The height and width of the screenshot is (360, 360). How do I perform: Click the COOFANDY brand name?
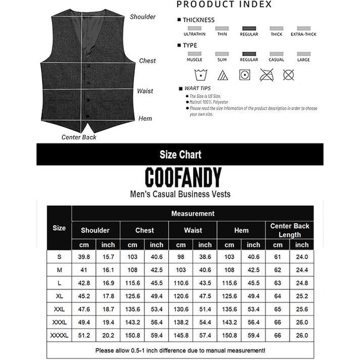[x=183, y=177]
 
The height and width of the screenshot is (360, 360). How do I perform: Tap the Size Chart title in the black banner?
[x=180, y=155]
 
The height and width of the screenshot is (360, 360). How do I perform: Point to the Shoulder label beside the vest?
[x=142, y=17]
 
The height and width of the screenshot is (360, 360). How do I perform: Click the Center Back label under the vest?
[x=79, y=137]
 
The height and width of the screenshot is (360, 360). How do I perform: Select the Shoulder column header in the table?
[x=95, y=230]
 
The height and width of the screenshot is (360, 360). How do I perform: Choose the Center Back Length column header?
[x=290, y=230]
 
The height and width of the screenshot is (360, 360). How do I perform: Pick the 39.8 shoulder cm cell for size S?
[x=83, y=257]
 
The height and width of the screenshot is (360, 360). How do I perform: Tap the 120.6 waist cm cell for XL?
[x=181, y=297]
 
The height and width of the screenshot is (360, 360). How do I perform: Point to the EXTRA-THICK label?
[x=304, y=34]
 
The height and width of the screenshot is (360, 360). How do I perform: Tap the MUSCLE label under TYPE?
[x=194, y=60]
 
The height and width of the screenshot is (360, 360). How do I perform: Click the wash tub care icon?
[x=194, y=75]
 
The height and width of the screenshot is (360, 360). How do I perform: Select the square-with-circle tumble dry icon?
[x=244, y=75]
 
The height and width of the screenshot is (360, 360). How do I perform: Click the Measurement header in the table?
[x=193, y=213]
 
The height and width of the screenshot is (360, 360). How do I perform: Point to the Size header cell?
[x=59, y=227]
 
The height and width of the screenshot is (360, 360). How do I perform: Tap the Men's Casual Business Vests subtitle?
[x=180, y=194]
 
